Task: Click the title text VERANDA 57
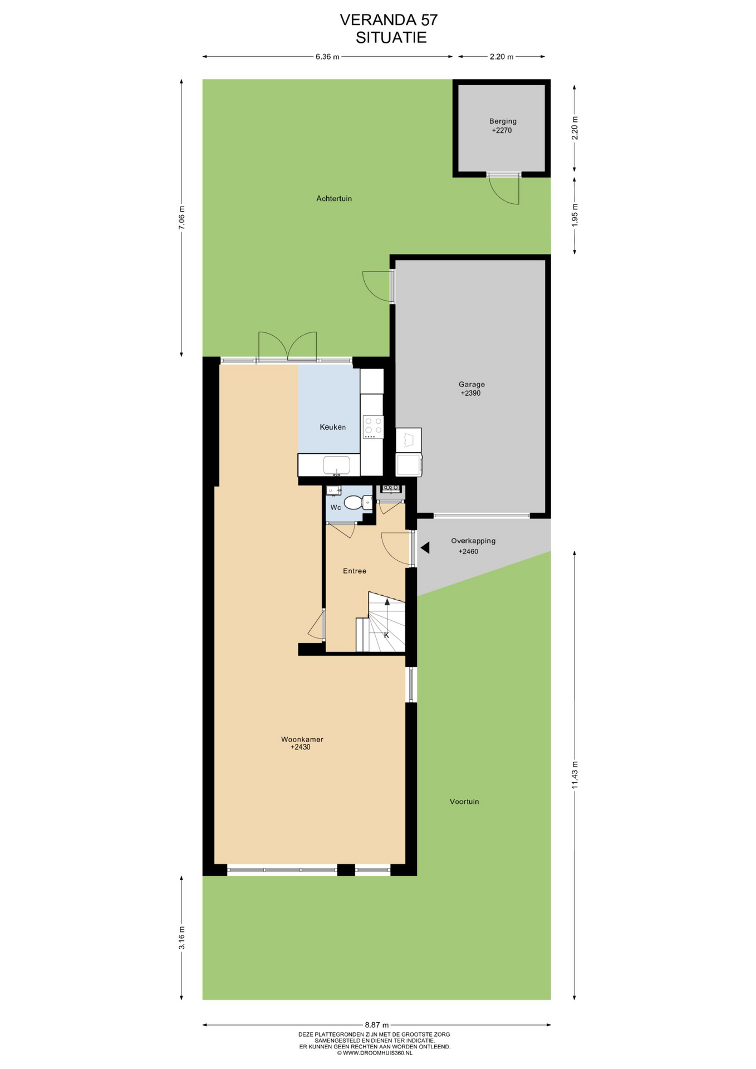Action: point(389,20)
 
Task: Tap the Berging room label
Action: point(503,121)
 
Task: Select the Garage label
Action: point(472,384)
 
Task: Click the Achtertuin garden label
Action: point(334,199)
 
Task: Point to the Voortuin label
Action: point(464,802)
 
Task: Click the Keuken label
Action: point(332,427)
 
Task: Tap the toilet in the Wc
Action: point(358,503)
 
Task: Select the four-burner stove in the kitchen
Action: point(373,426)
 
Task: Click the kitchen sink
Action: point(336,465)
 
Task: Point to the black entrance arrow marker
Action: point(425,548)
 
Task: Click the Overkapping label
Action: point(473,541)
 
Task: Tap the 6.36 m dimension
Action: point(327,57)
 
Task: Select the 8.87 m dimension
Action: point(377,1025)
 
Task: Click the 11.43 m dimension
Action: point(575,774)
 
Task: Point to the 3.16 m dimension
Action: point(181,938)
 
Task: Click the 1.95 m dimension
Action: point(575,214)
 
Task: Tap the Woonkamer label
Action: point(302,739)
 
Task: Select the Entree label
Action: point(355,571)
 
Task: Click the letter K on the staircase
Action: point(386,635)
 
